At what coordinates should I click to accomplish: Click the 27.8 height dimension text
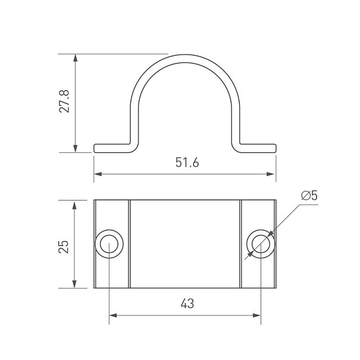[64, 101]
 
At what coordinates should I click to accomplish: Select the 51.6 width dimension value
[187, 162]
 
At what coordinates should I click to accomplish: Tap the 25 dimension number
[63, 246]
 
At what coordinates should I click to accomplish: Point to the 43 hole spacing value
[187, 303]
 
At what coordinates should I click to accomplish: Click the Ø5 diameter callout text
[309, 196]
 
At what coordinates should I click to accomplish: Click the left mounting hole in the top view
[109, 244]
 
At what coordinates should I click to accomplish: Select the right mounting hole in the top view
[261, 243]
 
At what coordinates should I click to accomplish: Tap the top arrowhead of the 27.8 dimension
[75, 58]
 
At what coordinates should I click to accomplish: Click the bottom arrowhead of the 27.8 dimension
[75, 149]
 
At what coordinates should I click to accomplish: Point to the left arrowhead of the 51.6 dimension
[98, 174]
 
